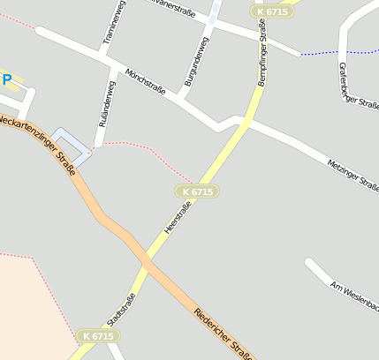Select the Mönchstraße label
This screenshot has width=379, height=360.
point(146,86)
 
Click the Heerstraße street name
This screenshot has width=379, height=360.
point(178,218)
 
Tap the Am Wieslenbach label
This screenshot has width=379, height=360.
point(353,296)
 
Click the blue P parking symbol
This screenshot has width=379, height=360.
point(7,80)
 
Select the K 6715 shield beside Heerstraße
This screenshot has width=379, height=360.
point(197,191)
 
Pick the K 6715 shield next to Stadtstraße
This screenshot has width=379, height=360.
point(96,336)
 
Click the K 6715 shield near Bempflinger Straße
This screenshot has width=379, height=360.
point(271,11)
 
